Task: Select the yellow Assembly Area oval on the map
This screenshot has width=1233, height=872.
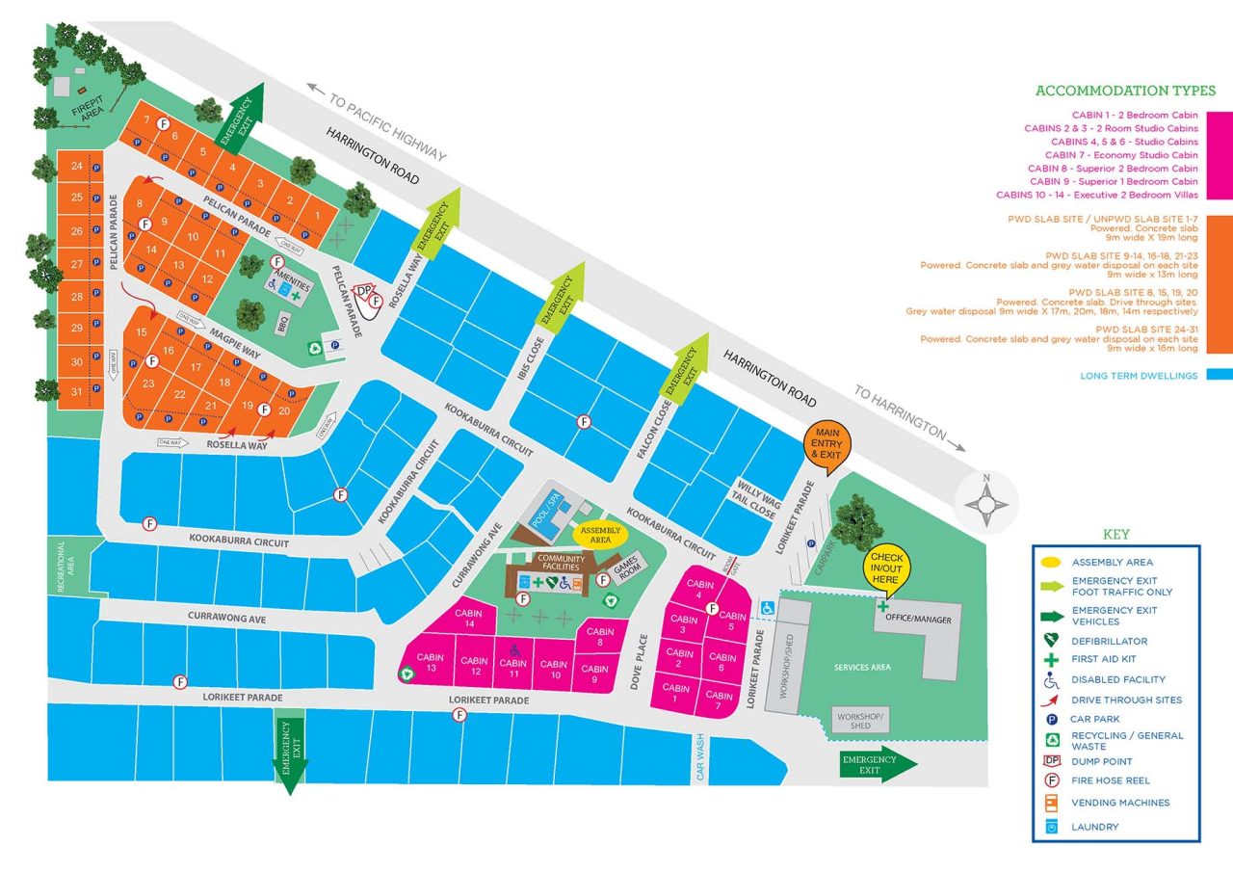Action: pyautogui.click(x=600, y=534)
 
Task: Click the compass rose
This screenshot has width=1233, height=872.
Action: pyautogui.click(x=985, y=502)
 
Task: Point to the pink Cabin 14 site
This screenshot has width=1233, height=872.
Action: pyautogui.click(x=468, y=619)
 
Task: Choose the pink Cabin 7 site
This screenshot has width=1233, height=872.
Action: pyautogui.click(x=719, y=700)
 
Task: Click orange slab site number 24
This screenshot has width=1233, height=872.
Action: pyautogui.click(x=76, y=166)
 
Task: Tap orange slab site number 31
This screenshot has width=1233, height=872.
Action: pyautogui.click(x=76, y=391)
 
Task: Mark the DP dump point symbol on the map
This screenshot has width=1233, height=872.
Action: pyautogui.click(x=363, y=290)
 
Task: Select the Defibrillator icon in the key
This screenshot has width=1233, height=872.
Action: pyautogui.click(x=1051, y=640)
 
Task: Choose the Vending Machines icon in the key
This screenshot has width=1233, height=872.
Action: pyautogui.click(x=1051, y=803)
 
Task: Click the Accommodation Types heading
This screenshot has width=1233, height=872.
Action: pyautogui.click(x=1125, y=91)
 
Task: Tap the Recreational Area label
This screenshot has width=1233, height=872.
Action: pyautogui.click(x=63, y=567)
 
